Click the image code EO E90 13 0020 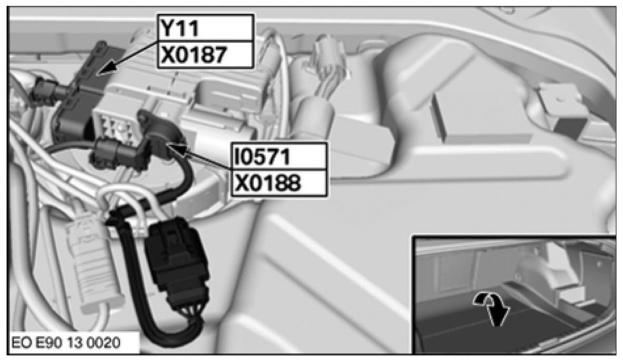(x=66, y=343)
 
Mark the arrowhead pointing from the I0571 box (x=175, y=149)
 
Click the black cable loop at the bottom (x=159, y=326)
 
